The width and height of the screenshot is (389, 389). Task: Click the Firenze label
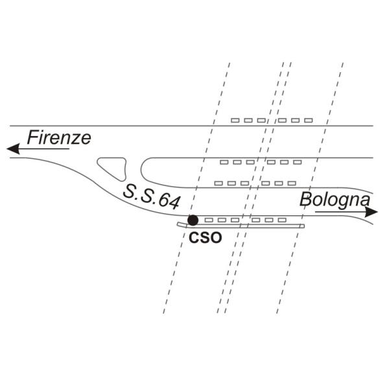(x=58, y=137)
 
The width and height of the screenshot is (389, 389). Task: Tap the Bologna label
(x=335, y=199)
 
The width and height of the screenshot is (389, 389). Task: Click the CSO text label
(x=206, y=238)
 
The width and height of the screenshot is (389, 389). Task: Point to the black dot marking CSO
(x=193, y=220)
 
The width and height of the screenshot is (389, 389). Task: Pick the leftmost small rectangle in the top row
(x=236, y=121)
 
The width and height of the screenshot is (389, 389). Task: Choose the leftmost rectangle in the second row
(x=224, y=161)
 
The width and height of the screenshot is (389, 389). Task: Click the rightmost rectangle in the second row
(x=297, y=161)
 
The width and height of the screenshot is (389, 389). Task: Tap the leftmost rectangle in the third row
(x=218, y=183)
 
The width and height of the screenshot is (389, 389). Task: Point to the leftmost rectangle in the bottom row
(x=208, y=220)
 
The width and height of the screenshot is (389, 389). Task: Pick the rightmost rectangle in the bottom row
(x=281, y=220)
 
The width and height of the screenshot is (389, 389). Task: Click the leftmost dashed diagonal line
(x=194, y=194)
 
